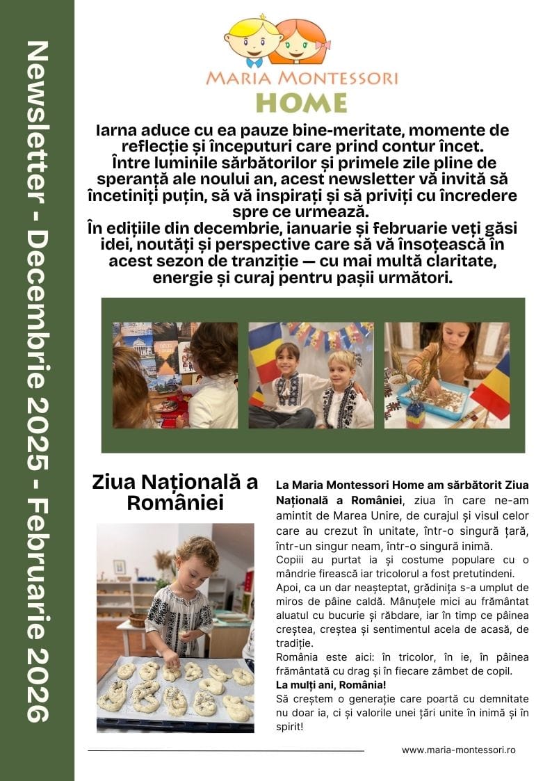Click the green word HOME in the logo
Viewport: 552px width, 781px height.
click(x=301, y=102)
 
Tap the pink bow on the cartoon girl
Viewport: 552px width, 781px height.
click(x=323, y=45)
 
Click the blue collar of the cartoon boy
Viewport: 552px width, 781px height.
click(x=254, y=61)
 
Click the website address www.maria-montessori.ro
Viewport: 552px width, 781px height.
click(x=458, y=750)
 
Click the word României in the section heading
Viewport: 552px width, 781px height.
click(x=174, y=504)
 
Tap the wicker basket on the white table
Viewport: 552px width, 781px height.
click(x=138, y=619)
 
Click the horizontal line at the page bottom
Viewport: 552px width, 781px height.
click(x=226, y=751)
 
